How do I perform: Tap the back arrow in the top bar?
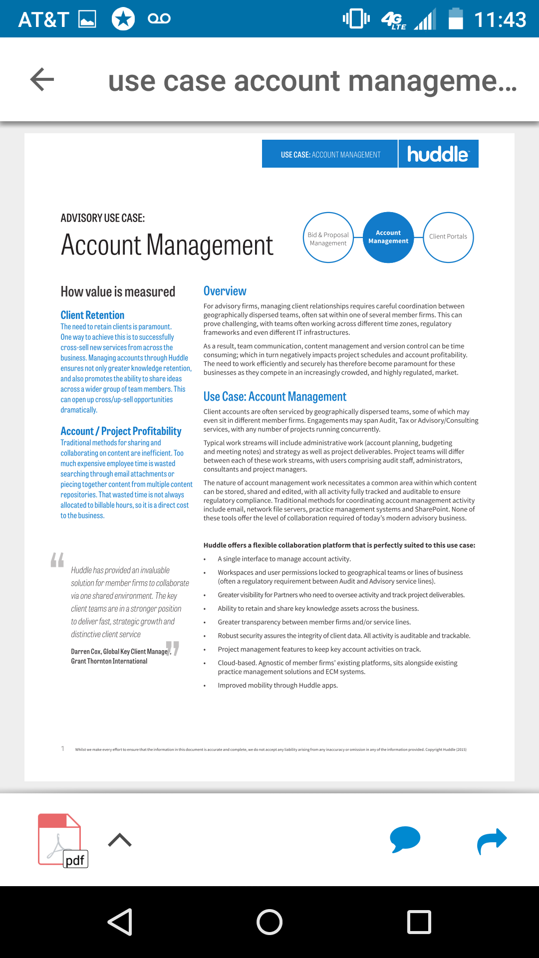point(42,79)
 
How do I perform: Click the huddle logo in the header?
point(438,154)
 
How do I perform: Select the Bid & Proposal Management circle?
point(328,238)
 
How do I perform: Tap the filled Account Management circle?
point(388,237)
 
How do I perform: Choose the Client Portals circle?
point(448,237)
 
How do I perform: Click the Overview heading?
point(225,291)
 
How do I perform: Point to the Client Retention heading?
point(92,315)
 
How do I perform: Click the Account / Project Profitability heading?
point(121,431)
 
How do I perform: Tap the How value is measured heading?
point(118,292)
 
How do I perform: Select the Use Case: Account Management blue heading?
point(274,397)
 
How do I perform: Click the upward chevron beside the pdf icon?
point(120,840)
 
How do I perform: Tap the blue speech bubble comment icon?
point(405,839)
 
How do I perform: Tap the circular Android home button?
point(269,922)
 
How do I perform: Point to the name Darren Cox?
point(86,652)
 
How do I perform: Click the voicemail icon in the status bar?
point(159,19)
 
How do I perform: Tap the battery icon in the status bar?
point(455,19)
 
